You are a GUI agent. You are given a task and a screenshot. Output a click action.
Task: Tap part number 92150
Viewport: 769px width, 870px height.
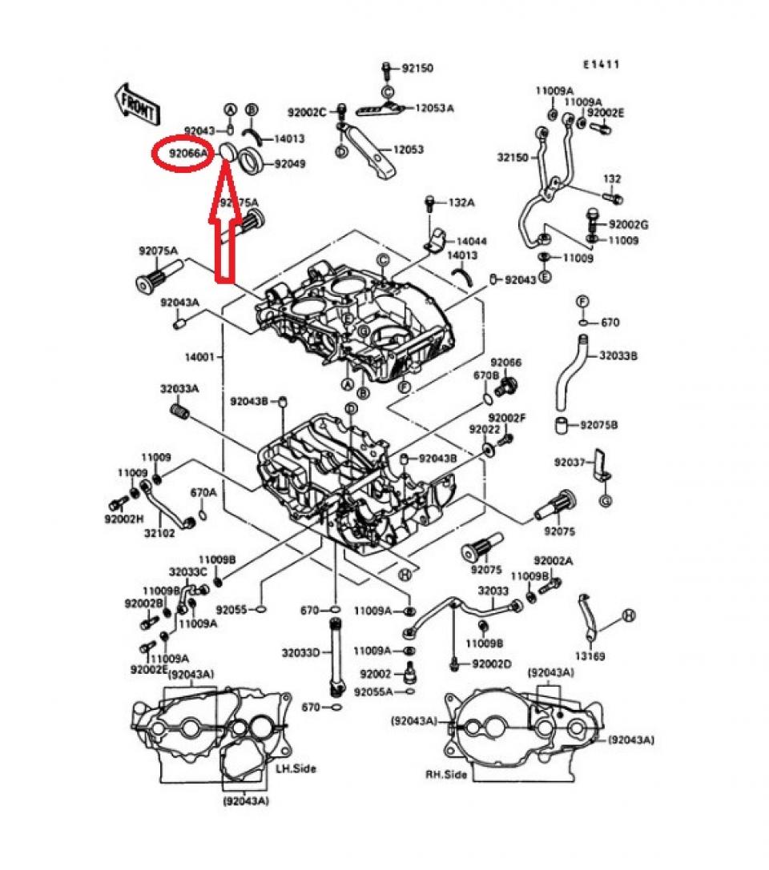417,69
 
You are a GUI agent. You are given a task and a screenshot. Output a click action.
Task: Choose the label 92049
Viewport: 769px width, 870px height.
290,164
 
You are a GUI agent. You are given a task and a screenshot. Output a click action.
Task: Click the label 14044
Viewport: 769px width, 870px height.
471,241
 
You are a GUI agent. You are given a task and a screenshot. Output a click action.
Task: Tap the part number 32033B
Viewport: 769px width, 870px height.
620,355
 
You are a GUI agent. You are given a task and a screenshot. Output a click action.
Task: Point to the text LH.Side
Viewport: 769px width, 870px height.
296,768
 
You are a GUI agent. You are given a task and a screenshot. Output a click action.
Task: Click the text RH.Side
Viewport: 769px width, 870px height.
446,775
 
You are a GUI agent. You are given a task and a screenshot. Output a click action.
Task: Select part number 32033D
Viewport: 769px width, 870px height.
300,652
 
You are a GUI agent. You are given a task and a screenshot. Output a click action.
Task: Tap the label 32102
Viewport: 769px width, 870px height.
159,532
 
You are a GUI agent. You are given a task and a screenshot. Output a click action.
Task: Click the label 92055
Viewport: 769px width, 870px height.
232,609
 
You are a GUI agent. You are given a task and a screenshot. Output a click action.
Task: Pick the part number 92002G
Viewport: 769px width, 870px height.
628,225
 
